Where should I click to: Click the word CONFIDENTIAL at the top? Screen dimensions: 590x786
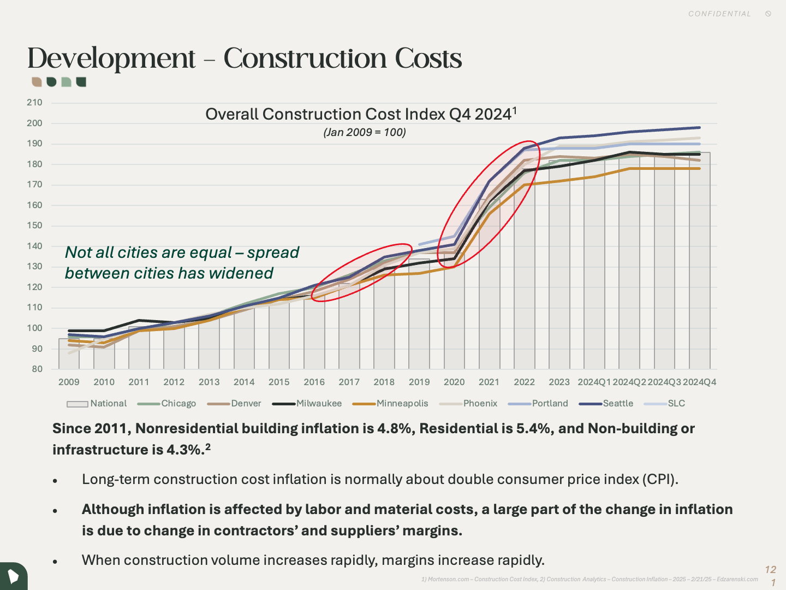point(719,14)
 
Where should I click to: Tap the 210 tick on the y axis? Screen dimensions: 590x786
point(34,103)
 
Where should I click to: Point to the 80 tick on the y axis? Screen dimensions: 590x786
point(37,369)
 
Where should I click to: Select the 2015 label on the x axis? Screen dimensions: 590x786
point(279,382)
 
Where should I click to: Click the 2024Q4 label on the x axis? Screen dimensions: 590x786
point(699,382)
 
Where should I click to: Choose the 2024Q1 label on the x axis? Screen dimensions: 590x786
point(594,382)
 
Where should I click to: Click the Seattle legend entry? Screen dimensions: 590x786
point(618,404)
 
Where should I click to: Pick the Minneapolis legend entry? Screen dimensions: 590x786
point(402,404)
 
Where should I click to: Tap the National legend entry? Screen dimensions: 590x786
point(108,404)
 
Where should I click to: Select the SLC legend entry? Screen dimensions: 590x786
point(676,404)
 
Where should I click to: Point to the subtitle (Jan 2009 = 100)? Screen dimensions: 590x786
point(365,132)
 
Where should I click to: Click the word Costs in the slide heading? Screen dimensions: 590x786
point(428,58)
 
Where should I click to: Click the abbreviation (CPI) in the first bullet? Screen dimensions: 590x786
point(660,480)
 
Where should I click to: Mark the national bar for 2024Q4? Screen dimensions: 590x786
point(700,262)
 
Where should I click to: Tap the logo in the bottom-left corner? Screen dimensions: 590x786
point(13,576)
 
